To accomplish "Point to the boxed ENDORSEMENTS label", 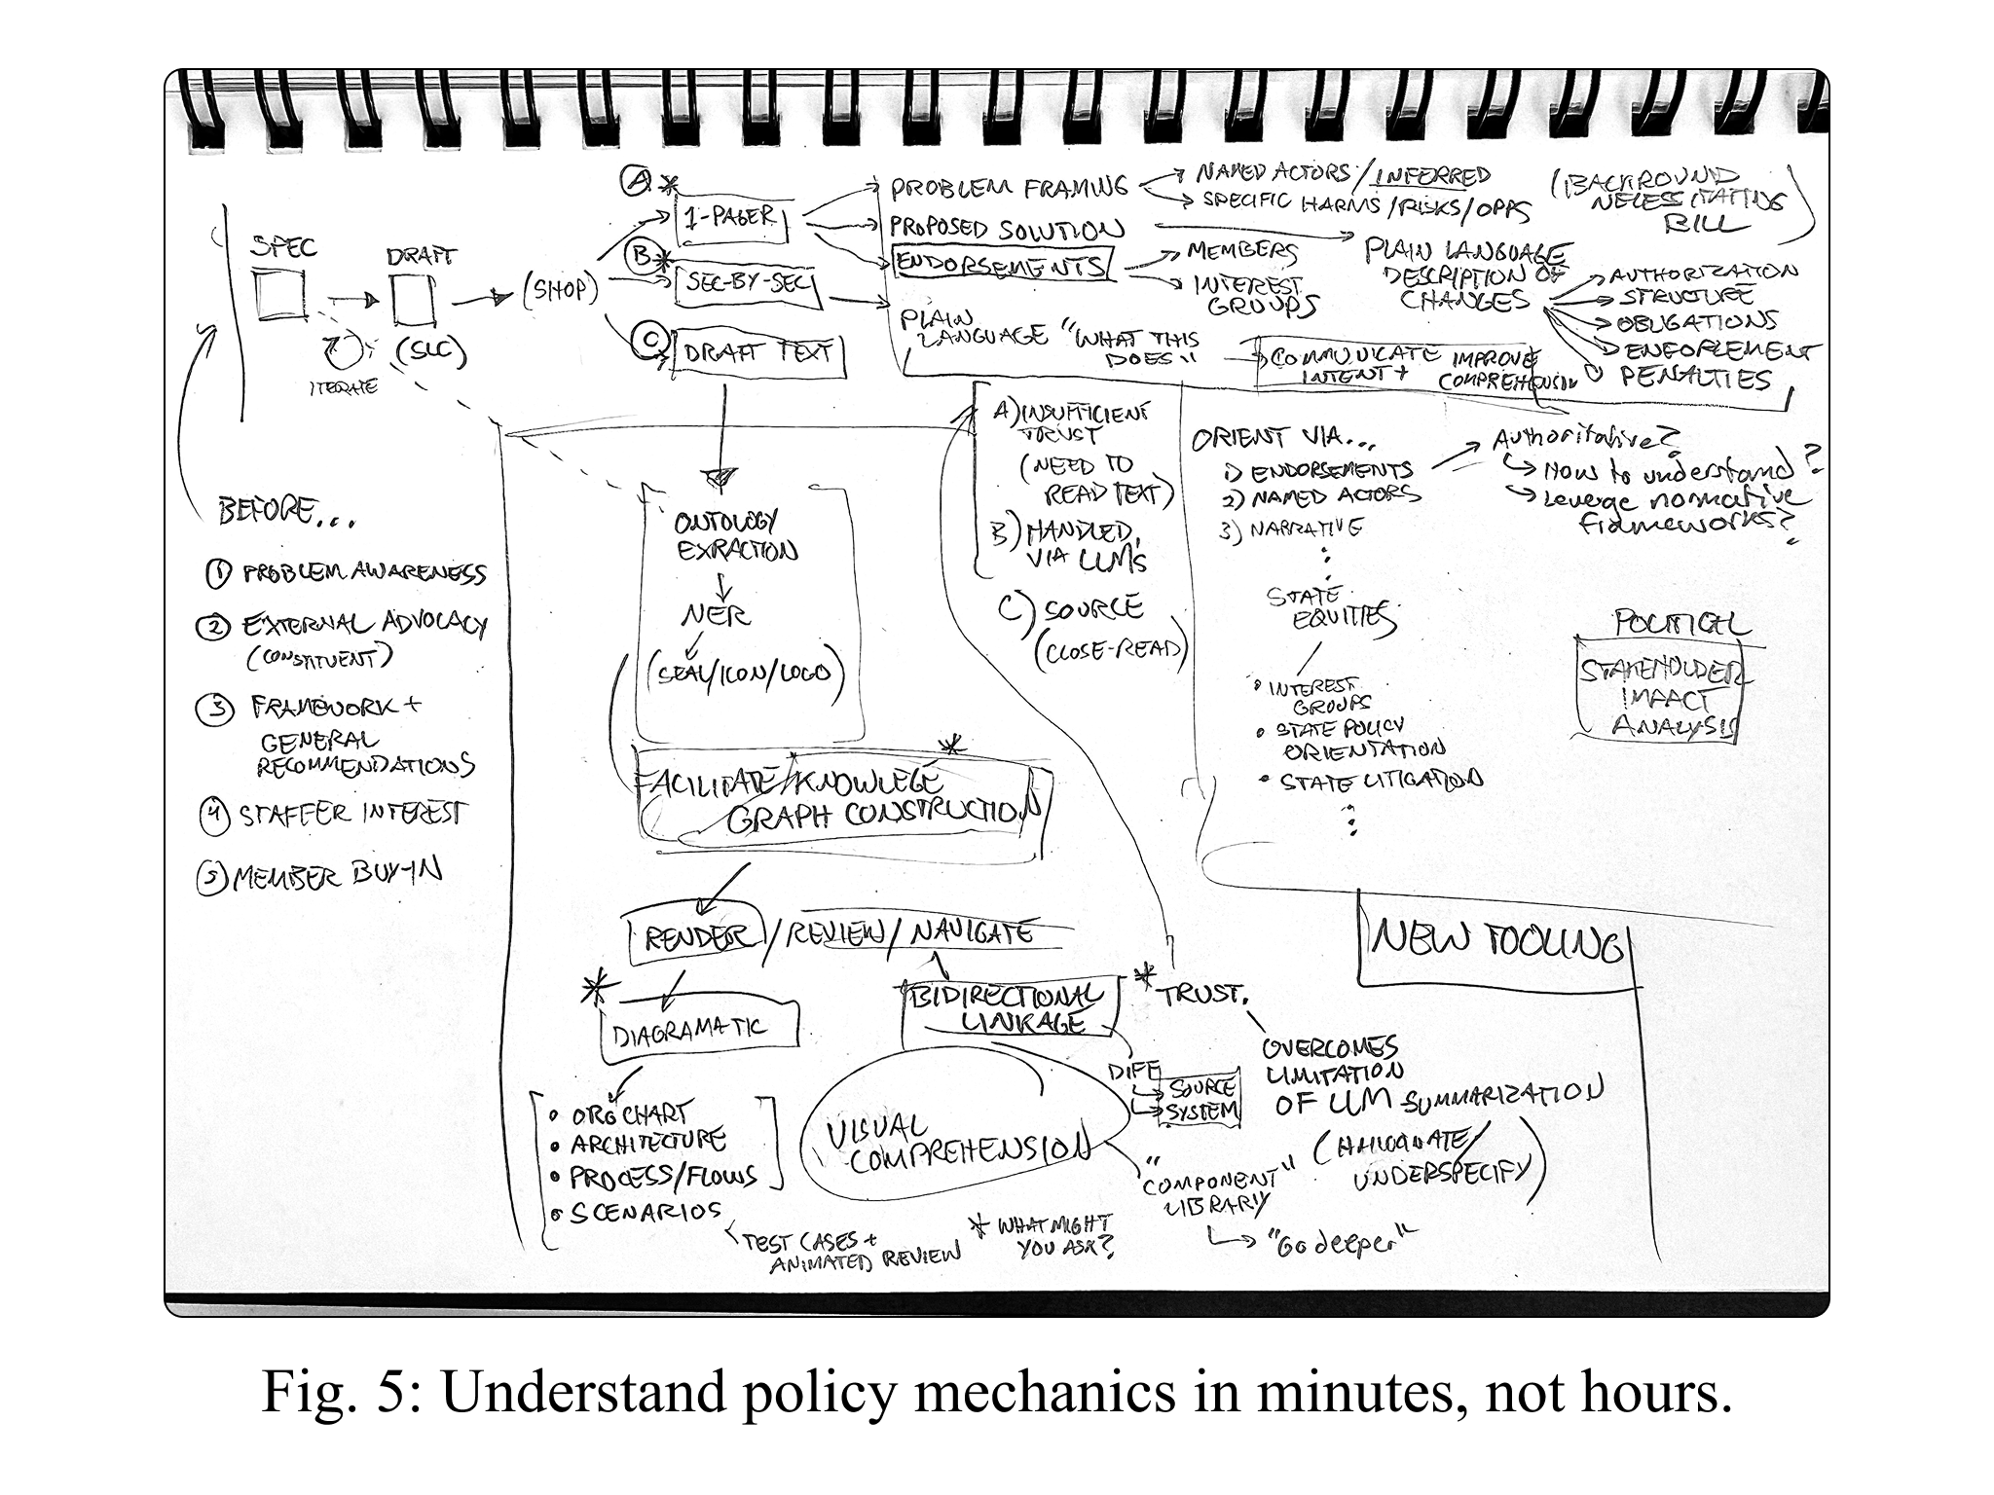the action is [1001, 264].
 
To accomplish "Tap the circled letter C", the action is [646, 340].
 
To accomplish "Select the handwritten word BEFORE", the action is [268, 511].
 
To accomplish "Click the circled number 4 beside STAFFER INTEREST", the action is [212, 816].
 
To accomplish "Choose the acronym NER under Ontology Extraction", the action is [715, 615].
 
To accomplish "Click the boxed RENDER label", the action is [692, 937].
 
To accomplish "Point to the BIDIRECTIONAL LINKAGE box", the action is [1007, 1008].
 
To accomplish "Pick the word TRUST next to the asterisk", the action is [1200, 994].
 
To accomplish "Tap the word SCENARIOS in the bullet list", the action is [647, 1214].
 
